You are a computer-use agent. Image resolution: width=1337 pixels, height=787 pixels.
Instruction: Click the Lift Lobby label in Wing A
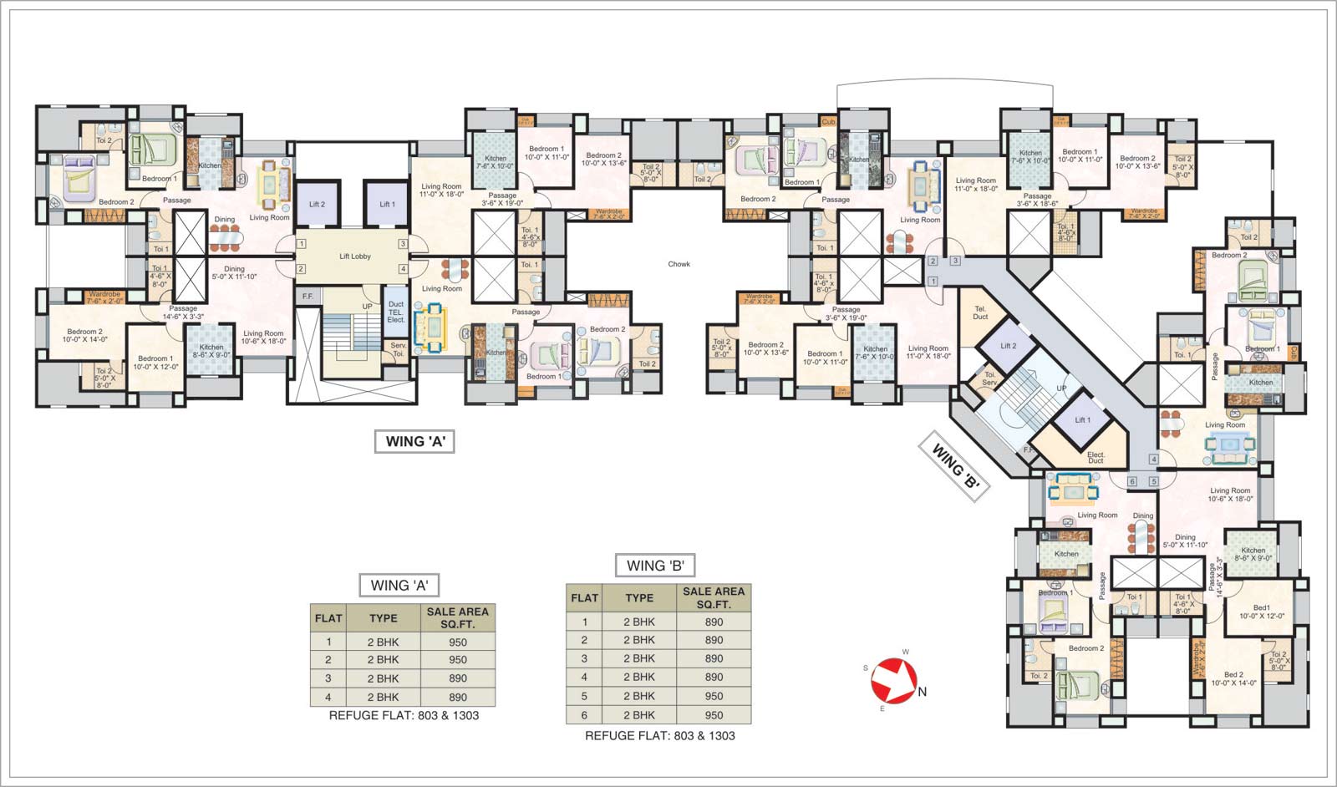(x=355, y=256)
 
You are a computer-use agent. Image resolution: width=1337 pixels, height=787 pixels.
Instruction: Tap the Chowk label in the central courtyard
(x=679, y=264)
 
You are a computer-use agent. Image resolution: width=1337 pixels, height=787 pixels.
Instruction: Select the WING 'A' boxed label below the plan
(x=414, y=441)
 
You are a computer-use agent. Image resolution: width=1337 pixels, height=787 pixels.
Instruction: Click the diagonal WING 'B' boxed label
(x=954, y=466)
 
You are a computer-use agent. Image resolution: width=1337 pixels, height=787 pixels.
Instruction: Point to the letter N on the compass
(x=923, y=692)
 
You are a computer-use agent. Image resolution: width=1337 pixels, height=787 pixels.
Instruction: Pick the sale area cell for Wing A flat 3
(x=457, y=678)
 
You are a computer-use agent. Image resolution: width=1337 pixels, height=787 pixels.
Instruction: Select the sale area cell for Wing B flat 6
(x=714, y=715)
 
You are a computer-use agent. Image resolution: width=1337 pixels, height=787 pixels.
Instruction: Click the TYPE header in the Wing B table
(x=639, y=597)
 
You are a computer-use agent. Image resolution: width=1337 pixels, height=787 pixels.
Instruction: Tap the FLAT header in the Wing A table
(x=328, y=618)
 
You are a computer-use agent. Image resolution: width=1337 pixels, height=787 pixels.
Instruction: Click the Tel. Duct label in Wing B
(x=980, y=313)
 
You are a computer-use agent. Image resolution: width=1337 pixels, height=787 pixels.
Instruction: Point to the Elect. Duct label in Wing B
(x=1096, y=457)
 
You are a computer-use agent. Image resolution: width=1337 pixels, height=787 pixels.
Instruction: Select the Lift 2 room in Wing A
(x=317, y=204)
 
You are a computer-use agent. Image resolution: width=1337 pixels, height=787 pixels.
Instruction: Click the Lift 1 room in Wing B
(x=1082, y=420)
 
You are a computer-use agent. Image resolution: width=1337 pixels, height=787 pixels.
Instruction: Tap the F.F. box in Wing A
(x=307, y=297)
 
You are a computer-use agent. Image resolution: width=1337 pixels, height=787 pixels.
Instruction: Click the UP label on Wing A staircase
(x=367, y=307)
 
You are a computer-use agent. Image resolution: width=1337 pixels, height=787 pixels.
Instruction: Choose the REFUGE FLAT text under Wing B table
(x=659, y=735)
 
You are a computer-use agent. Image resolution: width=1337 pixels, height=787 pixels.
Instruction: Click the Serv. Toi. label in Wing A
(x=398, y=349)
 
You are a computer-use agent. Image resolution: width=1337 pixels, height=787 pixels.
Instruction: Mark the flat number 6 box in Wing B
(x=1132, y=481)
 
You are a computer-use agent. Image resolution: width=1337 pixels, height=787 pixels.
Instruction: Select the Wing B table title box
(x=656, y=566)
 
